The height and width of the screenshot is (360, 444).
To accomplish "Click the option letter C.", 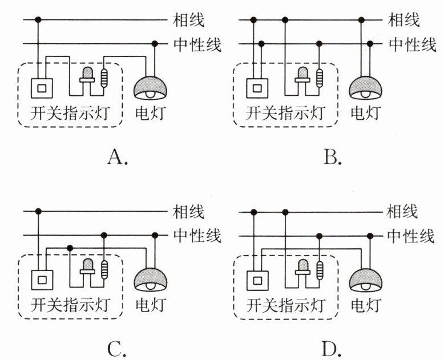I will (x=116, y=347).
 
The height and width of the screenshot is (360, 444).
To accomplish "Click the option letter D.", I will (x=332, y=347).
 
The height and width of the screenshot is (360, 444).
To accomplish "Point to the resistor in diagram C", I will (x=104, y=269).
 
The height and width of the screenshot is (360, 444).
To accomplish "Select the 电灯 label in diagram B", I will (x=365, y=113).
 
